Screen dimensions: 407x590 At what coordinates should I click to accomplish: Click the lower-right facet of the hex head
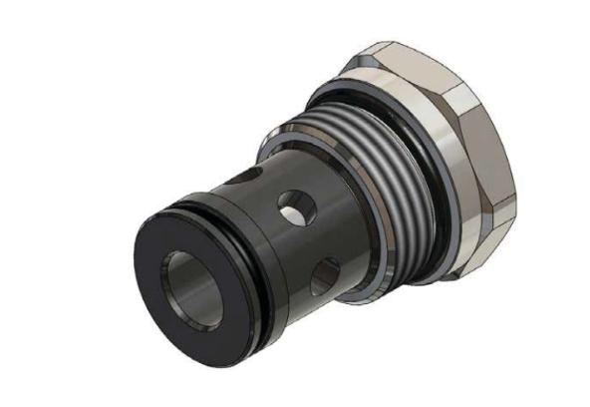pos(478,239)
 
